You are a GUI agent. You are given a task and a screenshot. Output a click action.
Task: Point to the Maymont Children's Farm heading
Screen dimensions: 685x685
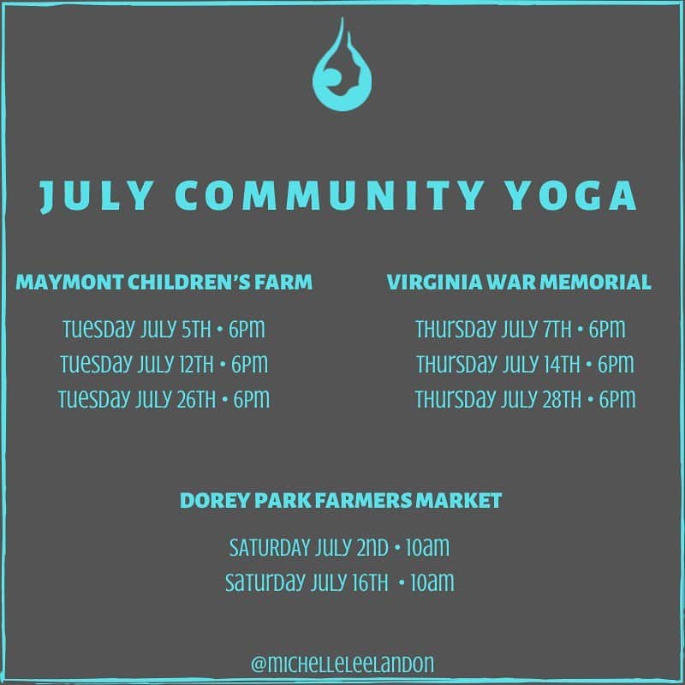point(164,282)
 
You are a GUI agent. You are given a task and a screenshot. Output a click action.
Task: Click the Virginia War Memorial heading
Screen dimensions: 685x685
point(519,282)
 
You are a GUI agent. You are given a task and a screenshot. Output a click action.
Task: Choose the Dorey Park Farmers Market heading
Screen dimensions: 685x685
point(341,500)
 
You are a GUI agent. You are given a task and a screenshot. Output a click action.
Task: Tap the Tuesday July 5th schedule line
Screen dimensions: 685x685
point(164,329)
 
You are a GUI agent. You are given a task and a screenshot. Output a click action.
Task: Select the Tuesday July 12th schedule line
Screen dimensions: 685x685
point(164,364)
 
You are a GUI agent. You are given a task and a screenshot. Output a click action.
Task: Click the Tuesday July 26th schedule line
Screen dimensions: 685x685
point(164,399)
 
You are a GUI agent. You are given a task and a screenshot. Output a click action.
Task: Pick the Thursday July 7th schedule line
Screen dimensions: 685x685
point(521,329)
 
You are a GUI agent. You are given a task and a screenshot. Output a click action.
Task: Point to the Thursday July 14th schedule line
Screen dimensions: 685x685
point(525,364)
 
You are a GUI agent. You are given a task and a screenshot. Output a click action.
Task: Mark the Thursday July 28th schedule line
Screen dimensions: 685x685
point(525,399)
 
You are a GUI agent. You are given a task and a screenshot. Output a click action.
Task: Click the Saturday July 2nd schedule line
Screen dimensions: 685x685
point(339,547)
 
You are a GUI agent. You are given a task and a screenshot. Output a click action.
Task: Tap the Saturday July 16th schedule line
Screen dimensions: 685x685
point(339,582)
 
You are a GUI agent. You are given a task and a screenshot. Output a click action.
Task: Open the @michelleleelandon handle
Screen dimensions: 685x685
point(342,664)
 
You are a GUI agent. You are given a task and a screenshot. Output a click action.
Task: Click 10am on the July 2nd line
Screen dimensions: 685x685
point(427,547)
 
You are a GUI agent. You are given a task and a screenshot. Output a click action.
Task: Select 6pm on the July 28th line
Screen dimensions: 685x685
point(617,399)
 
